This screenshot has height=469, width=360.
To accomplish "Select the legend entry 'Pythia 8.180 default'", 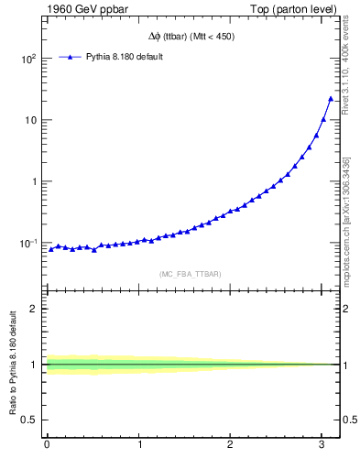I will click(124, 57).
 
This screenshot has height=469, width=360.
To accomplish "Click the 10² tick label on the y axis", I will click(29, 59).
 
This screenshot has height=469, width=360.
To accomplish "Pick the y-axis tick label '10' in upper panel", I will click(31, 120).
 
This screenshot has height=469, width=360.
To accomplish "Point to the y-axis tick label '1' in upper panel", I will click(35, 181).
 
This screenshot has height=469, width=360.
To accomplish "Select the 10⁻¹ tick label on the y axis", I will click(29, 243).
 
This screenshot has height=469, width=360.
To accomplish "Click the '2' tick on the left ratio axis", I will click(36, 309).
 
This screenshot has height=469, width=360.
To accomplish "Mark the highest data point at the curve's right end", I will click(331, 98).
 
